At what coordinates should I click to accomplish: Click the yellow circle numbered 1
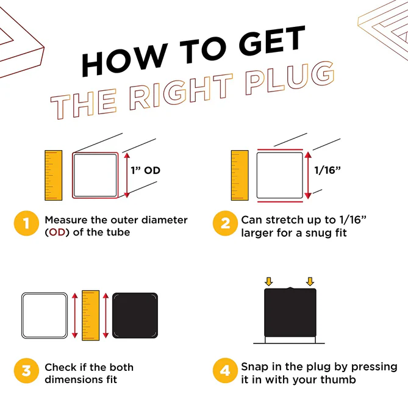(x=26, y=223)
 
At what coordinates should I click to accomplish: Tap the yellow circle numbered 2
(x=225, y=223)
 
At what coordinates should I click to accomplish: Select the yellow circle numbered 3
(x=26, y=370)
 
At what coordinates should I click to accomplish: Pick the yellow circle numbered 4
(x=225, y=370)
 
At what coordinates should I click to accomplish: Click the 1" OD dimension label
(x=146, y=170)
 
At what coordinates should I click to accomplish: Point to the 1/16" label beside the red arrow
(x=327, y=170)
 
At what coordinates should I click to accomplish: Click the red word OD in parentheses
(x=57, y=232)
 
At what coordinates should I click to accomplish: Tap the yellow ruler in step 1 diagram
(x=53, y=175)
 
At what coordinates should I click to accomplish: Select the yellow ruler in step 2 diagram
(x=240, y=175)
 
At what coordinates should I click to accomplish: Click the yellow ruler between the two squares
(x=90, y=315)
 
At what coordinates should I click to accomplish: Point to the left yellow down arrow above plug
(x=268, y=282)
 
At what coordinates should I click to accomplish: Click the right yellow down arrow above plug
(x=310, y=282)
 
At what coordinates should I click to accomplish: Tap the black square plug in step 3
(x=135, y=315)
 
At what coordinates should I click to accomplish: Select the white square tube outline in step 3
(x=23, y=315)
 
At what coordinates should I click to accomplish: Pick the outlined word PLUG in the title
(x=290, y=77)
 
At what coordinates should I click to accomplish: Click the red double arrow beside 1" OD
(x=127, y=175)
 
